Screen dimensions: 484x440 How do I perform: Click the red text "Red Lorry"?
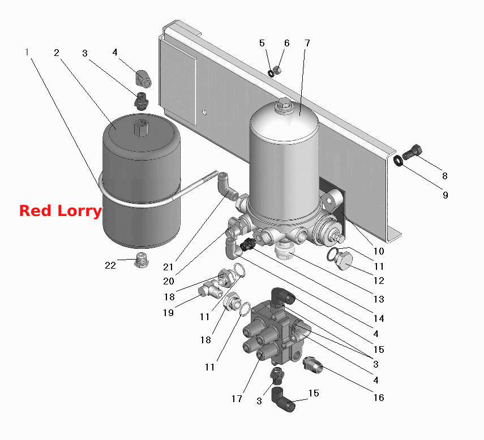pyautogui.click(x=61, y=211)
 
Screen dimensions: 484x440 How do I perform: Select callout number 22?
pyautogui.click(x=110, y=265)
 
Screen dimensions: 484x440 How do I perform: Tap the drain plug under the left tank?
pyautogui.click(x=142, y=260)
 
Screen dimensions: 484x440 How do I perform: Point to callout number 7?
pyautogui.click(x=307, y=43)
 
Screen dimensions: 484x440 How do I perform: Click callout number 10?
pyautogui.click(x=379, y=251)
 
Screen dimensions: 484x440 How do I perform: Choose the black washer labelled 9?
pyautogui.click(x=399, y=161)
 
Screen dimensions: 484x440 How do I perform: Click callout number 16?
pyautogui.click(x=379, y=398)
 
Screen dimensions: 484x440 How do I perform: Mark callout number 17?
pyautogui.click(x=237, y=399)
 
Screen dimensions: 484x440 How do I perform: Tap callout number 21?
pyautogui.click(x=168, y=267)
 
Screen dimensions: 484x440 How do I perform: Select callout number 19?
pyautogui.click(x=168, y=313)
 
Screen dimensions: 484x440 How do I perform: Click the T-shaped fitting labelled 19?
pyautogui.click(x=211, y=291)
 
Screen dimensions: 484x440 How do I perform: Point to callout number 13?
pyautogui.click(x=379, y=299)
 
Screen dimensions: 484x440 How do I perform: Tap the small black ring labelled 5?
pyautogui.click(x=271, y=74)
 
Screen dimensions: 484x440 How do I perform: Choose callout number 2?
pyautogui.click(x=56, y=53)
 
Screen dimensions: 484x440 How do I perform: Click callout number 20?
pyautogui.click(x=169, y=281)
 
